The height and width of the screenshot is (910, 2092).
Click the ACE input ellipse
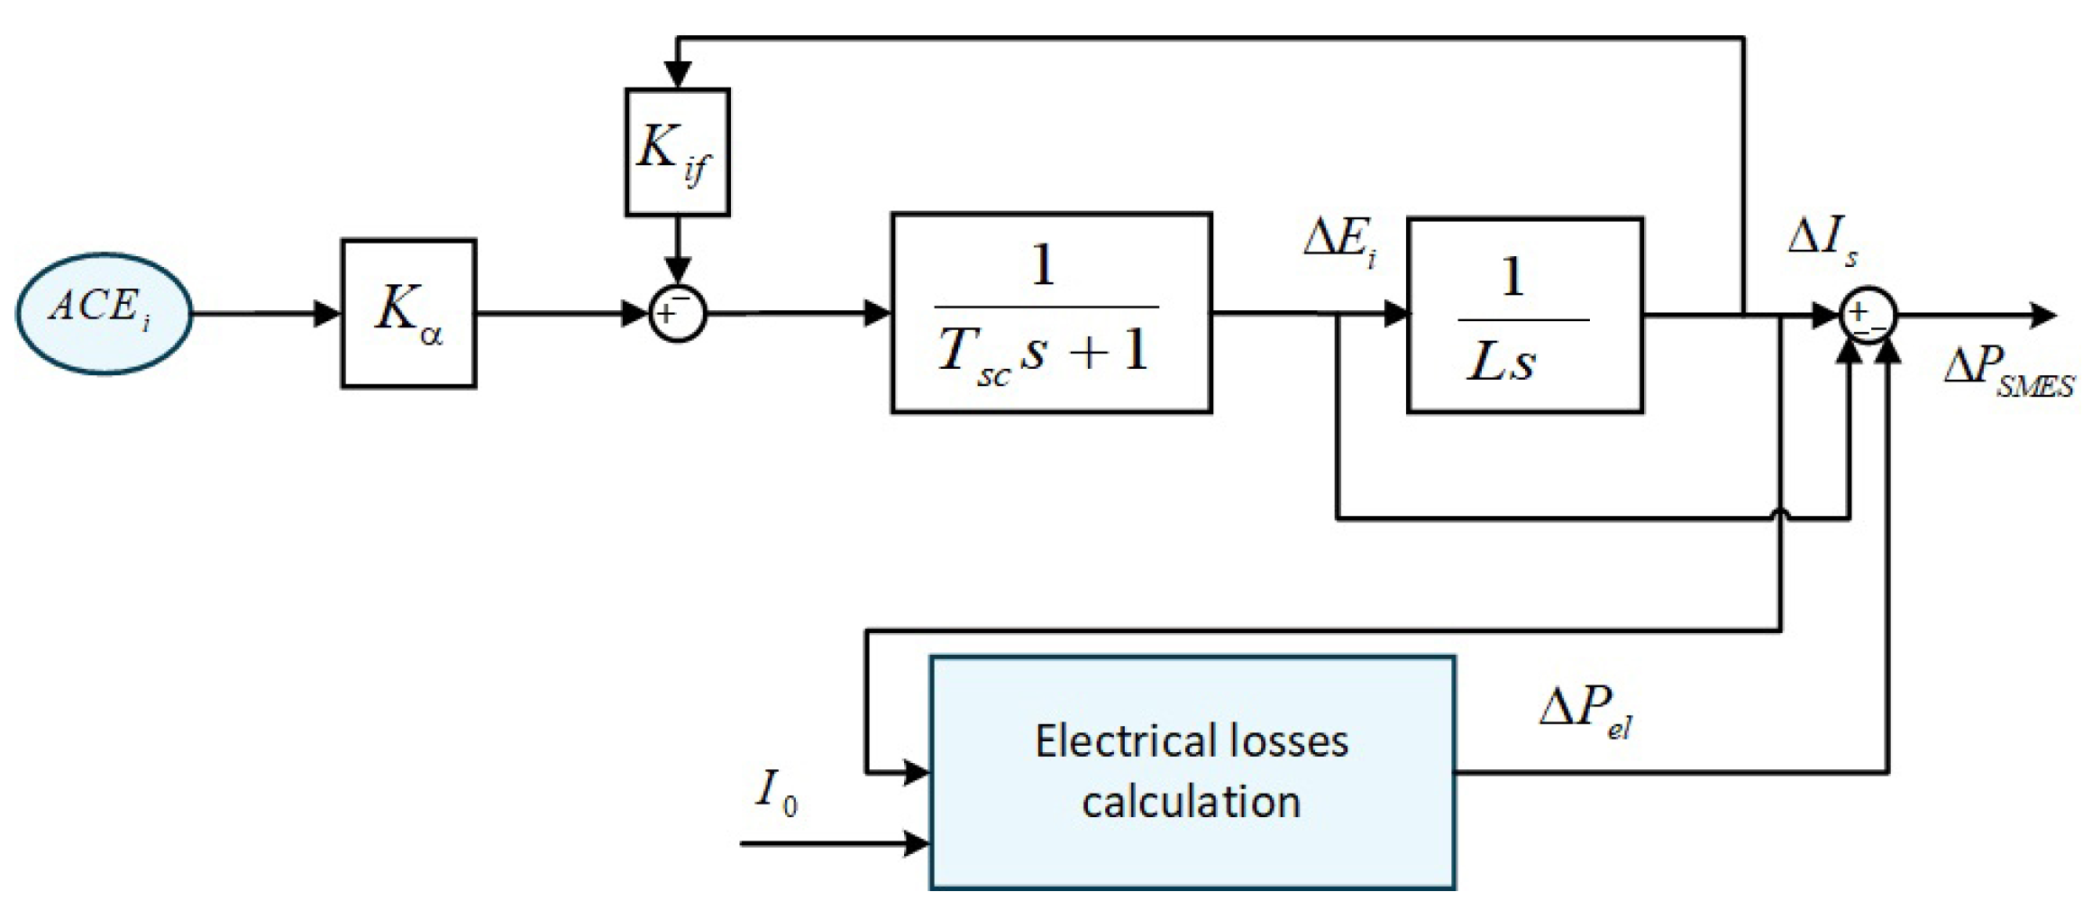click(104, 313)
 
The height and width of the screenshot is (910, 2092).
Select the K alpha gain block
click(408, 314)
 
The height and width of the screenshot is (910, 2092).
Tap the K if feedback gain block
click(677, 152)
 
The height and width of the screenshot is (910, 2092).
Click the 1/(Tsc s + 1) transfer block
click(1051, 313)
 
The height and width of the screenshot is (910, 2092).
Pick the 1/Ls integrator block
click(1524, 315)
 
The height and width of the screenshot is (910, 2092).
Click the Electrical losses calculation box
click(1192, 772)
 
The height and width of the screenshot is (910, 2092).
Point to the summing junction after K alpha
click(677, 314)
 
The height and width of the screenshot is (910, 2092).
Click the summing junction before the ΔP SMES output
click(1868, 315)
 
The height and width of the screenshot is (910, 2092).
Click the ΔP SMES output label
click(2008, 372)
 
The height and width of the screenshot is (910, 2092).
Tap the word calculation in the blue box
click(1191, 802)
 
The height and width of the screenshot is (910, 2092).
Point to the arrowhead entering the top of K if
click(677, 75)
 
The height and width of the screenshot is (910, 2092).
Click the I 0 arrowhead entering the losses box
click(916, 844)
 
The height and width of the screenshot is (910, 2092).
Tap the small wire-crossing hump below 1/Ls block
click(1780, 513)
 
